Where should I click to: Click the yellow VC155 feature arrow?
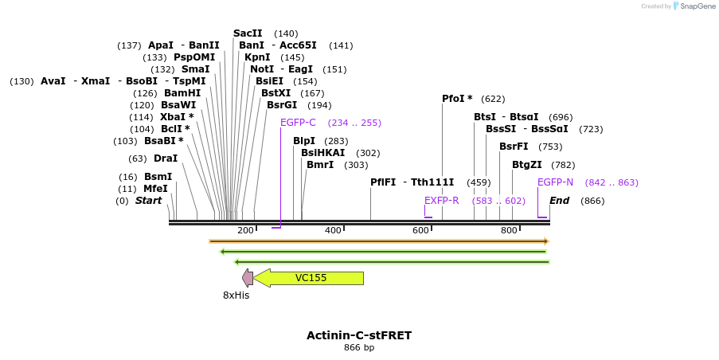coord(311,278)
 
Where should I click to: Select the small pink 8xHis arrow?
coord(248,278)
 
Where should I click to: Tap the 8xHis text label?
coord(236,295)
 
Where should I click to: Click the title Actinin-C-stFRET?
coord(359,335)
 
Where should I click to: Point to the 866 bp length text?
coord(359,348)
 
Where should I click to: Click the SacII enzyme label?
coord(248,33)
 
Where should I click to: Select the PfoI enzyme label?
coord(457,99)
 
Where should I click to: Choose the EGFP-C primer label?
coord(298,123)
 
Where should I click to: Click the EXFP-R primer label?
coord(441,201)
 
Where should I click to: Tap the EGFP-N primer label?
coord(555,182)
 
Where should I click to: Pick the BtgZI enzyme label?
coord(527,165)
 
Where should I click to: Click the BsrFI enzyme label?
coord(514,147)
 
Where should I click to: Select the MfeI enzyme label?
coord(155,189)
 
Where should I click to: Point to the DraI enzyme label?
coord(166,158)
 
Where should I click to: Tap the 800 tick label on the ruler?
coord(509,230)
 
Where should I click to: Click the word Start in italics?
coord(148,201)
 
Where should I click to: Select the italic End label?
coord(559,201)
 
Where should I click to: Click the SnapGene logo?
coord(694,6)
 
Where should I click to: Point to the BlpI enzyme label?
coord(304,141)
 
